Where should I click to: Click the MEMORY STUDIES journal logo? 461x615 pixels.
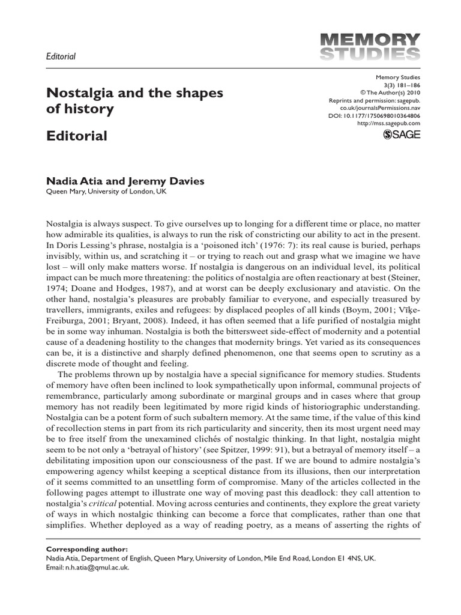[368, 46]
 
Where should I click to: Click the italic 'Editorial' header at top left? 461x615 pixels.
[61, 56]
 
